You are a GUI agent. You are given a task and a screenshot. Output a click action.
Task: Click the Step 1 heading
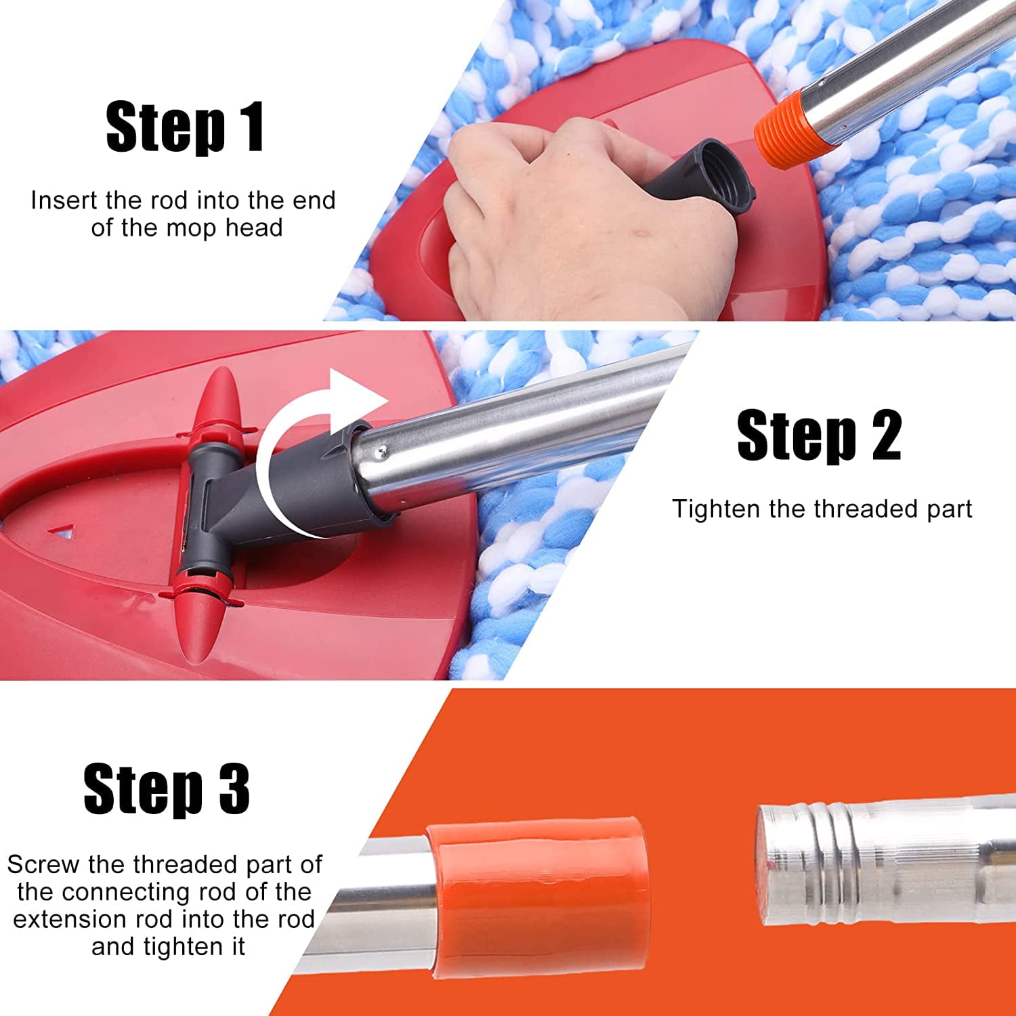(185, 127)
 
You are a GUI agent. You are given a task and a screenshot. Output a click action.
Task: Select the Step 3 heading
(167, 788)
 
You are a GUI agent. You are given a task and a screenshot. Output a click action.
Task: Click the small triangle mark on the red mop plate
(65, 534)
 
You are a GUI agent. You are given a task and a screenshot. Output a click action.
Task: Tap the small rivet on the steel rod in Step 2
(383, 449)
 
